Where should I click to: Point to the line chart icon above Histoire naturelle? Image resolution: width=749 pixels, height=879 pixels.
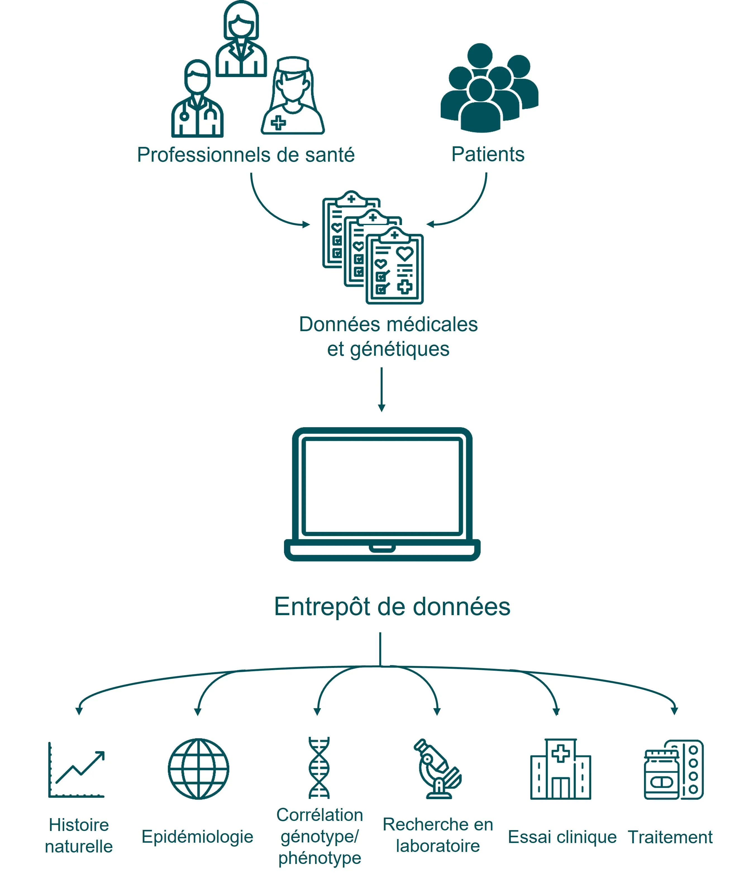77,770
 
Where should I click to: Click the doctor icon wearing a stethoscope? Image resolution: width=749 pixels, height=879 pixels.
197,99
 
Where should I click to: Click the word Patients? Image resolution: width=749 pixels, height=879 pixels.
488,154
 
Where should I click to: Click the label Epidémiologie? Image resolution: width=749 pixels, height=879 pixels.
197,837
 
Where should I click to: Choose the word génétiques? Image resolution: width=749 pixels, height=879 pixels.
399,349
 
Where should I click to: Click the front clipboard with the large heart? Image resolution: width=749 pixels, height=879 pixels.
395,267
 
